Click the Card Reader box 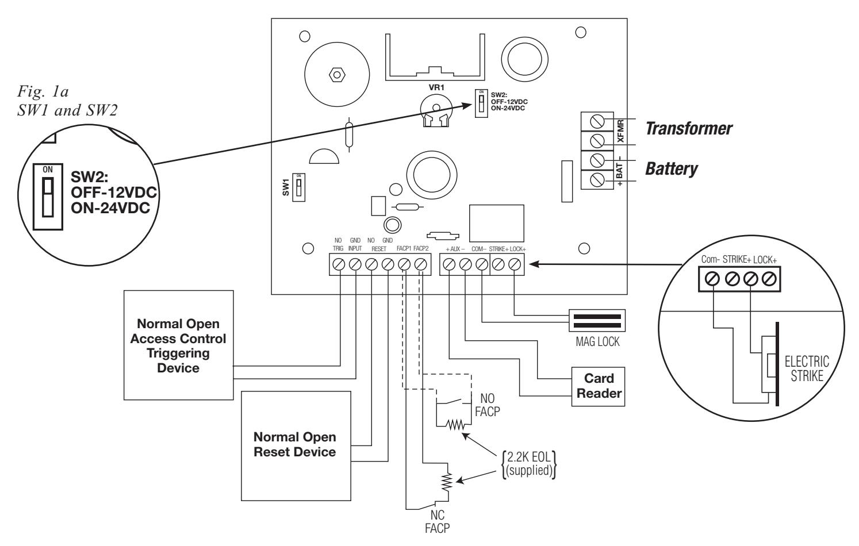pos(598,386)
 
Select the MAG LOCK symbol pos(597,321)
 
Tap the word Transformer pos(689,128)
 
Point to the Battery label pos(672,169)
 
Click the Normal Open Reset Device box pos(296,446)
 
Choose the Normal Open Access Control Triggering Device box pos(179,345)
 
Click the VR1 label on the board pos(436,88)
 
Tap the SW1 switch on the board pos(299,187)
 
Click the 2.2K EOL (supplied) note pos(529,464)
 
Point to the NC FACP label pos(437,522)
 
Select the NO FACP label pos(488,405)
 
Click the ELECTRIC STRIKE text pos(807,368)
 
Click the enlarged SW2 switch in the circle pos(48,197)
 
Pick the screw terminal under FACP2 pos(421,264)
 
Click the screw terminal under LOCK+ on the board pos(515,264)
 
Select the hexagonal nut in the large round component pos(337,74)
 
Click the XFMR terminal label pos(621,131)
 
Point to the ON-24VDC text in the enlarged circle pos(110,208)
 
